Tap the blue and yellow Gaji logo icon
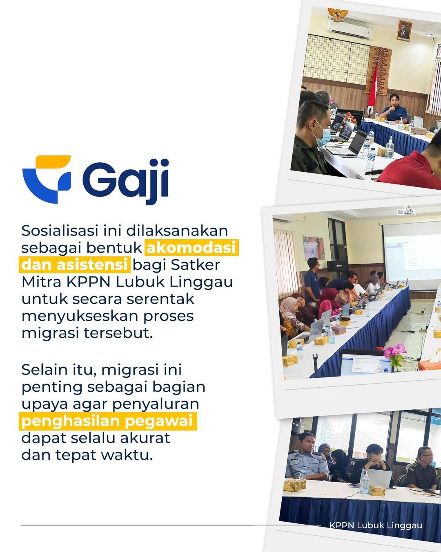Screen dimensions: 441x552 tap(47, 179)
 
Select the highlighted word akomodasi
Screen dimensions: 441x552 tap(191, 247)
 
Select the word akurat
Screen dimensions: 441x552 tap(145, 438)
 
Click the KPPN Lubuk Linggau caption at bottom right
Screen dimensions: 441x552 tap(376, 525)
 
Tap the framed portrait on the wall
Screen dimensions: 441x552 tap(404, 31)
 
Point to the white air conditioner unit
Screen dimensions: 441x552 tap(350, 29)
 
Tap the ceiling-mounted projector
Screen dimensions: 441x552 tap(406, 211)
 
